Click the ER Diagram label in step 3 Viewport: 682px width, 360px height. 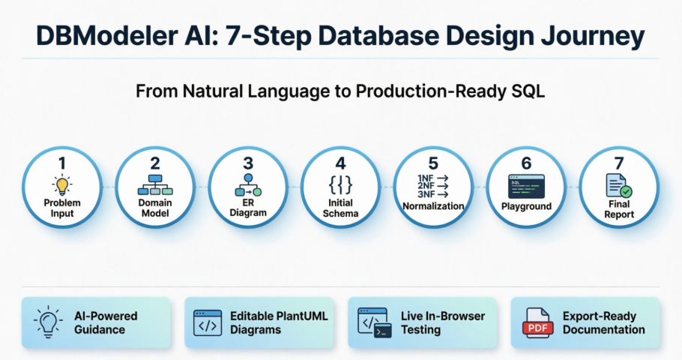point(247,208)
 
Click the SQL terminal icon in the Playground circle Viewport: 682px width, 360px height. point(526,186)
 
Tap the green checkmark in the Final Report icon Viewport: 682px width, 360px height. point(625,191)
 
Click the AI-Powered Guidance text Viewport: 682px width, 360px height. point(106,322)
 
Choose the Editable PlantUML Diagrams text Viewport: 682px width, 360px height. point(279,322)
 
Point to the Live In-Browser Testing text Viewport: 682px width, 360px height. point(442,322)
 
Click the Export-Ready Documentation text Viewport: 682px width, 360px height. point(603,322)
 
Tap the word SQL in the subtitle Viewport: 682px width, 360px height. point(530,91)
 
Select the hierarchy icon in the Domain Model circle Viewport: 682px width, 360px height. point(154,185)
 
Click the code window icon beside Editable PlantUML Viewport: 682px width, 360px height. point(208,322)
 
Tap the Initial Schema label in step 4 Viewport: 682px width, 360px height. point(340,208)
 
